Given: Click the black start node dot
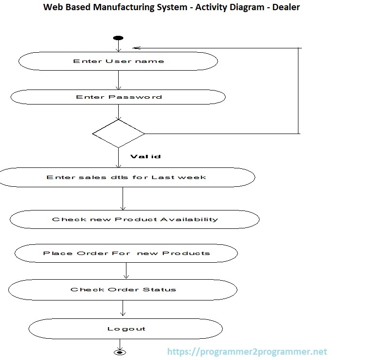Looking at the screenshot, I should [118, 38].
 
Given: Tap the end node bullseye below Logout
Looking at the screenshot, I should [119, 352].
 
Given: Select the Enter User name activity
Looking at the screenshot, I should [118, 61].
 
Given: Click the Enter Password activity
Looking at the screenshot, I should [118, 97].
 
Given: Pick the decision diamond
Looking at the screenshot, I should [118, 134].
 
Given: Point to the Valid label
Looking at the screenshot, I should [145, 156].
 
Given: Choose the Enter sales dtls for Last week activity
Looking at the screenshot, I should [126, 177].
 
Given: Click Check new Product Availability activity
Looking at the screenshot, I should [135, 219].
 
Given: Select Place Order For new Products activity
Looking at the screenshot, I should [126, 253].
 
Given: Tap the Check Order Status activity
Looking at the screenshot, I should [123, 289].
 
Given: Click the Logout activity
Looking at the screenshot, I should [126, 329].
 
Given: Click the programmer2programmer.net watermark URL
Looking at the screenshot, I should [247, 352].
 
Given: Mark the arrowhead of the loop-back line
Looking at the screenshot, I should [136, 48].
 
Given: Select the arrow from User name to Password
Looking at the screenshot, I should [118, 80].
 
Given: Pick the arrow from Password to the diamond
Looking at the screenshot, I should [118, 112].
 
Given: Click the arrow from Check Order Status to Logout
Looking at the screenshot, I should [123, 308].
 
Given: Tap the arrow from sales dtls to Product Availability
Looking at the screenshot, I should [123, 198].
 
